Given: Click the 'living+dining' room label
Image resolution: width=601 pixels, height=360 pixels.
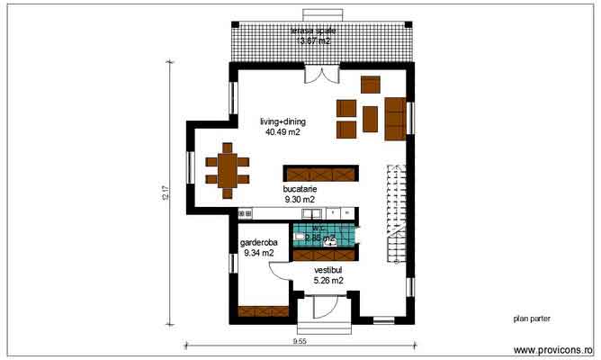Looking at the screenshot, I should click(x=283, y=121).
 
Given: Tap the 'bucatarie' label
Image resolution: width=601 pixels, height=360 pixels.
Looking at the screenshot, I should click(x=300, y=190).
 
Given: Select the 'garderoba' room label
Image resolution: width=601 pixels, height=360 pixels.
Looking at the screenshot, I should click(x=258, y=243).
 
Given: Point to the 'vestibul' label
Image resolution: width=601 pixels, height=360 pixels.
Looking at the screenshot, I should click(x=328, y=270).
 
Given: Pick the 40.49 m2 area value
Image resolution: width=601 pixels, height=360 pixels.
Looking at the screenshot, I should click(x=283, y=132).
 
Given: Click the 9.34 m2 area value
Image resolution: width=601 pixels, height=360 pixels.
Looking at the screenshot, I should click(x=258, y=254).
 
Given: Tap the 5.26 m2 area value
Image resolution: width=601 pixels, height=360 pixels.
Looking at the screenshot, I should click(x=328, y=281).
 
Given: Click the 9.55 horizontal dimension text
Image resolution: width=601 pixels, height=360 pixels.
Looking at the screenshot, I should click(x=300, y=342).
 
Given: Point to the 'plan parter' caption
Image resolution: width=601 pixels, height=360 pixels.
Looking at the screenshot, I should click(x=531, y=318).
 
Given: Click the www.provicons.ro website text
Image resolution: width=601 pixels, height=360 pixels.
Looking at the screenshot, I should click(x=552, y=349).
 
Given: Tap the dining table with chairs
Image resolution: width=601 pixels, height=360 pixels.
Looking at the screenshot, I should click(x=226, y=169).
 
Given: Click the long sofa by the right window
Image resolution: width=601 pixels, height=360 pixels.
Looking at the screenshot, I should click(x=394, y=119).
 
